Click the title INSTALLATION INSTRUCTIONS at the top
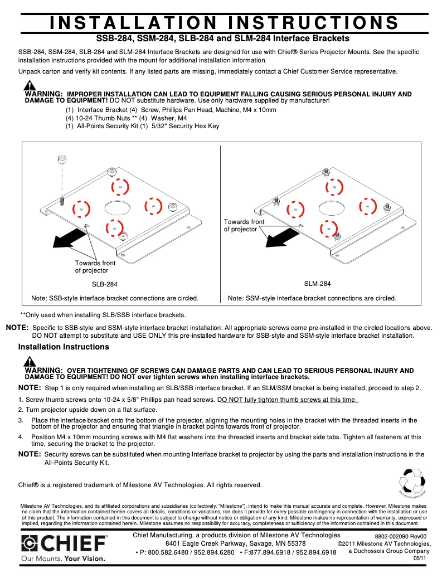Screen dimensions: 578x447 click(224, 22)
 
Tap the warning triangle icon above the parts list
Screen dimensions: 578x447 click(30, 86)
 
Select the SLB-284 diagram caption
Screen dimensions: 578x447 click(105, 284)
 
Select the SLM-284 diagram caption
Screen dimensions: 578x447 click(317, 284)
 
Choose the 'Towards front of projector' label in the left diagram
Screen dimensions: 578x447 click(95, 266)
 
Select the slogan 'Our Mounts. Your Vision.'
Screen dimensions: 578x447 click(62, 558)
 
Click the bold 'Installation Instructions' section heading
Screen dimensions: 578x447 click(64, 347)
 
